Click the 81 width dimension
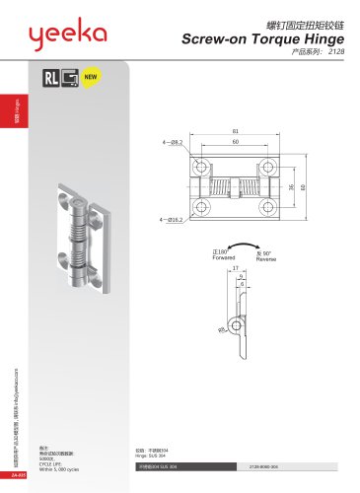click(x=234, y=131)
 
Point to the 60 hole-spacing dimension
click(x=234, y=142)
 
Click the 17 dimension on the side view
click(x=234, y=267)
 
